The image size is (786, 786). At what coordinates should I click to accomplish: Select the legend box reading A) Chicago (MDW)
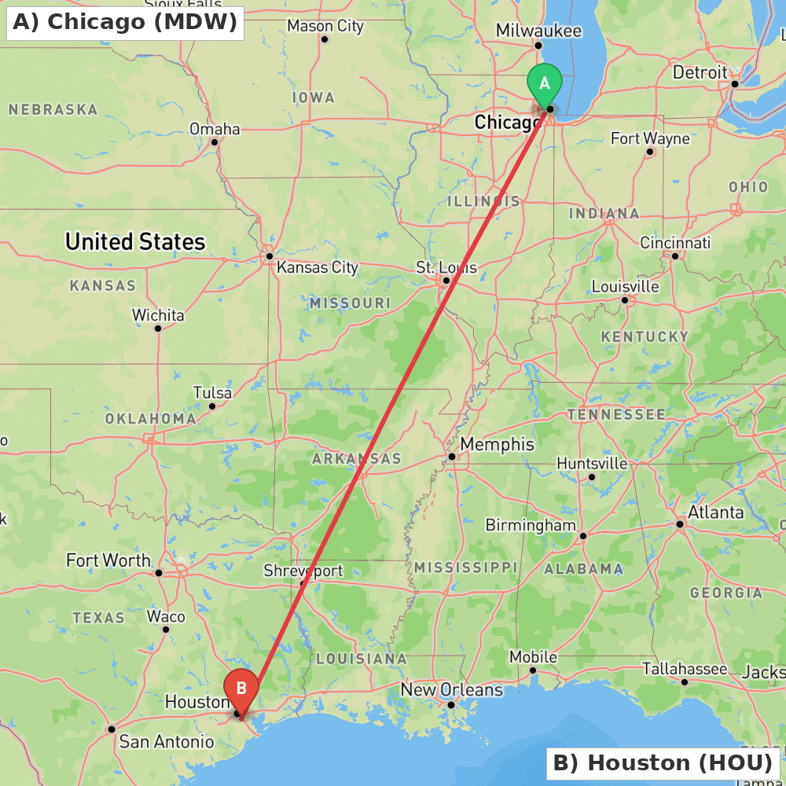click(x=125, y=22)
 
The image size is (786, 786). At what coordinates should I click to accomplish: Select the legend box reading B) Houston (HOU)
click(x=663, y=762)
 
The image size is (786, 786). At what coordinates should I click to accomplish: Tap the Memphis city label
click(x=497, y=445)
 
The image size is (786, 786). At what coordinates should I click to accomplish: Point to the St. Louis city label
click(x=446, y=268)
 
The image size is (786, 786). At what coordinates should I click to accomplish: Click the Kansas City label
click(x=318, y=268)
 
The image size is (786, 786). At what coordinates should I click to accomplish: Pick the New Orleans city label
click(x=451, y=690)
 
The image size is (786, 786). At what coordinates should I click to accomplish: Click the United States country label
click(x=135, y=241)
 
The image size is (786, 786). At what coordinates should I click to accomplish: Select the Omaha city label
click(x=215, y=129)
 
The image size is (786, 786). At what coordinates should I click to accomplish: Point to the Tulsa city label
click(x=212, y=393)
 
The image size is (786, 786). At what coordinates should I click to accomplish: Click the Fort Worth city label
click(x=108, y=560)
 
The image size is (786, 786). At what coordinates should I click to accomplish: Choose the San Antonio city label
click(x=166, y=741)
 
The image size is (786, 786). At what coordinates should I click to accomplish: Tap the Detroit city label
click(x=700, y=72)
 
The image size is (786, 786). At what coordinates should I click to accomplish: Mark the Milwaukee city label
click(x=538, y=31)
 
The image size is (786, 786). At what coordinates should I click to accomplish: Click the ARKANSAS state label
click(x=357, y=458)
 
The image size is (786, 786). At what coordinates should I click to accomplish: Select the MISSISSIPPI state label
click(x=466, y=567)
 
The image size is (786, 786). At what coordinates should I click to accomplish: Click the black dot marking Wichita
click(x=158, y=328)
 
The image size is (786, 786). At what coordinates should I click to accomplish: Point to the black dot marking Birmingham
click(x=582, y=536)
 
